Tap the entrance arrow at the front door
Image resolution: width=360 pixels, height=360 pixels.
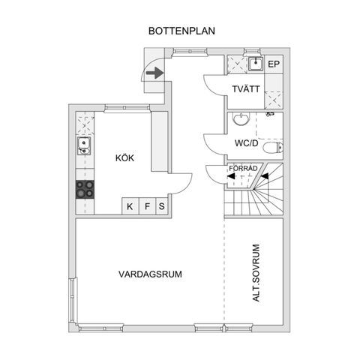154,73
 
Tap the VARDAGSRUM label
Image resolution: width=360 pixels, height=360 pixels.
150,274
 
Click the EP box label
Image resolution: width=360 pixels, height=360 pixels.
274,64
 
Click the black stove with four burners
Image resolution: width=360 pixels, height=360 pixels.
85,190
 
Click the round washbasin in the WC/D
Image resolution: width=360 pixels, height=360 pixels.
239,120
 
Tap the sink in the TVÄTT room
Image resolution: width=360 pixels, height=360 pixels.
255,64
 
